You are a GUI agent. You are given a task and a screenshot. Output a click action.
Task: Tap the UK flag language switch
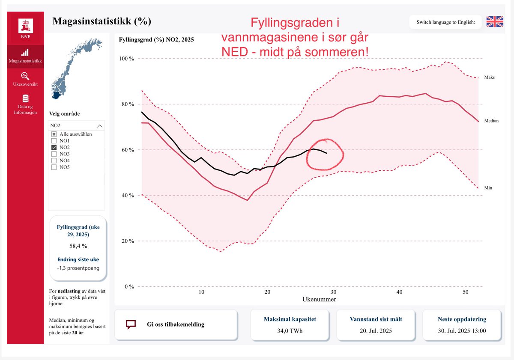tap(495, 22)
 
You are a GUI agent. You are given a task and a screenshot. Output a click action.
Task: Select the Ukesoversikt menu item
tap(25, 79)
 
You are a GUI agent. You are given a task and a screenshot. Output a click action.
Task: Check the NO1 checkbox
tap(54, 141)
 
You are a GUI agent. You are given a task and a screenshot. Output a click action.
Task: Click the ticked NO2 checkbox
tap(54, 147)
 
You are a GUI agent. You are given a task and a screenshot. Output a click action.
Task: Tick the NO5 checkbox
tap(54, 167)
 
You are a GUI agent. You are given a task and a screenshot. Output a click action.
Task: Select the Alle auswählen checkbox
tap(54, 134)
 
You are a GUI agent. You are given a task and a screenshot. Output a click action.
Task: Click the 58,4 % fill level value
tap(78, 246)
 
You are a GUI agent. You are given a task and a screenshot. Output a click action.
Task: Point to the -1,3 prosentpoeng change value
tap(78, 268)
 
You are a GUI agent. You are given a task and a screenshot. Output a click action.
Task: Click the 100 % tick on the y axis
tap(126, 59)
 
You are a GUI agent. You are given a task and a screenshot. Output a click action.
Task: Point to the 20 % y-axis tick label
tap(127, 241)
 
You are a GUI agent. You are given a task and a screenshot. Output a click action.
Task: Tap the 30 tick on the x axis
tap(333, 292)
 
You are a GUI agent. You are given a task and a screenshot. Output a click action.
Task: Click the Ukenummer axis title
tap(319, 299)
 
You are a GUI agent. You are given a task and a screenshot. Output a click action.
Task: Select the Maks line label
tap(490, 77)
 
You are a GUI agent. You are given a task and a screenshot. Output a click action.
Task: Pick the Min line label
tap(488, 188)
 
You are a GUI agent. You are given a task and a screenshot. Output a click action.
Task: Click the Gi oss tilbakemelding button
tap(176, 324)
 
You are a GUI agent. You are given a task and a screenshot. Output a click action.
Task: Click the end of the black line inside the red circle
tap(327, 153)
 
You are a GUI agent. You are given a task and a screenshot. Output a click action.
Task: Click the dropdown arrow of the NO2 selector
tap(100, 126)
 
